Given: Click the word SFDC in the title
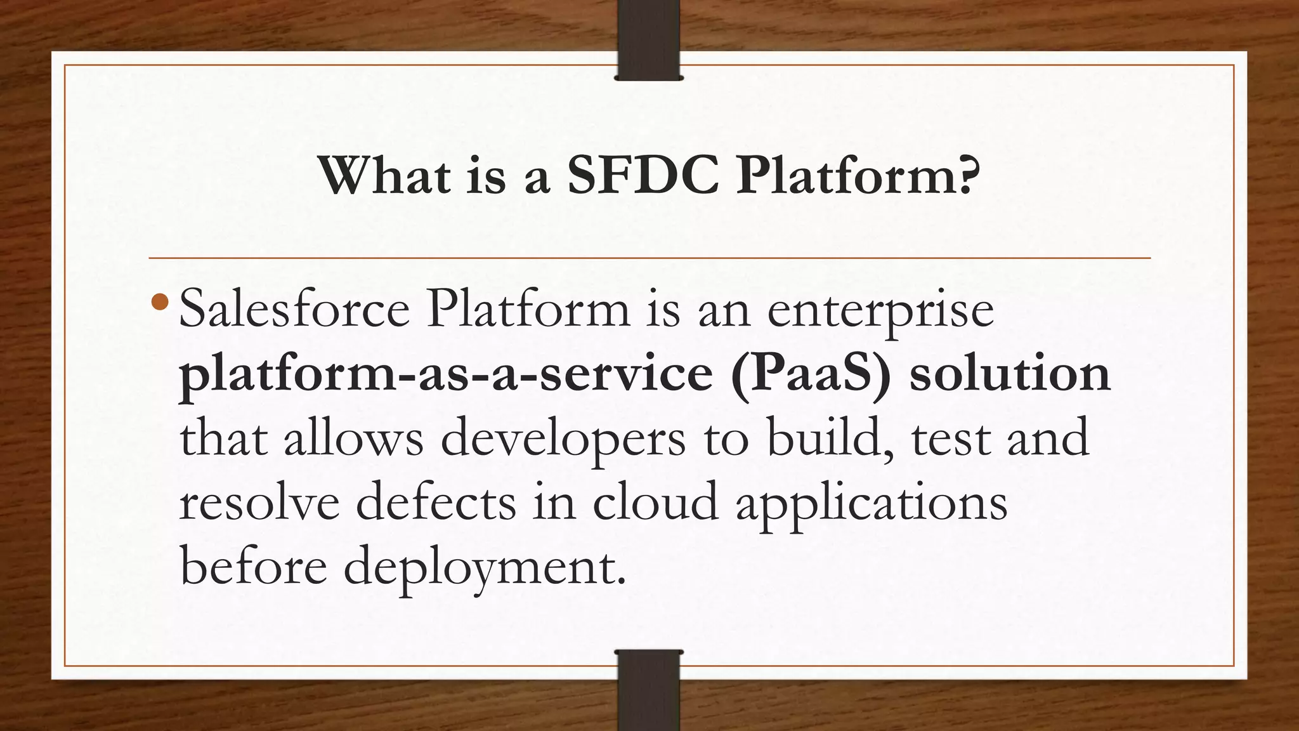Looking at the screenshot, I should coord(643,176).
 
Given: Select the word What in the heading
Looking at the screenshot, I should coord(384,176).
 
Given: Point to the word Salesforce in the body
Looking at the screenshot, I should coord(294,310).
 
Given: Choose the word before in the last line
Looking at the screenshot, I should coord(253,567).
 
